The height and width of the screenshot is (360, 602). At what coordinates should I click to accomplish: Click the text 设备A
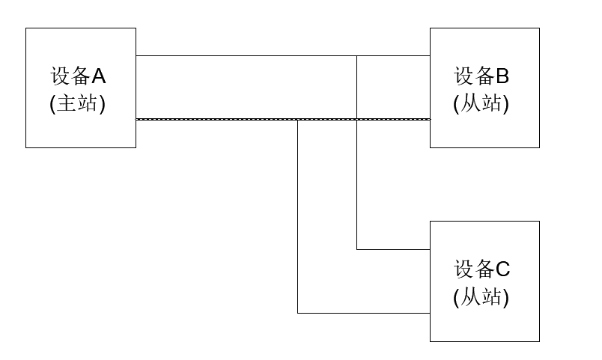(79, 76)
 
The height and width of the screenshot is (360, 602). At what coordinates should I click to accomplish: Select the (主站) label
(78, 104)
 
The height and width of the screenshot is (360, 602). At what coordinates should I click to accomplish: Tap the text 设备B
(481, 76)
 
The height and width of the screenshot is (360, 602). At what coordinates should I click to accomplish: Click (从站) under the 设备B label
(481, 104)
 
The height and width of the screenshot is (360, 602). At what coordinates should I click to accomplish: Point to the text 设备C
(481, 269)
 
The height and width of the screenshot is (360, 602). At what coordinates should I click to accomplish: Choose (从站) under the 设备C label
(481, 297)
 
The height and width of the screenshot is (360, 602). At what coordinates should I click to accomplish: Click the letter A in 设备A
(99, 76)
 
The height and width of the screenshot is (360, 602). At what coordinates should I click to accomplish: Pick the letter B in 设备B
(502, 76)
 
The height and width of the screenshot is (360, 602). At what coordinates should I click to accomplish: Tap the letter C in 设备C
(502, 269)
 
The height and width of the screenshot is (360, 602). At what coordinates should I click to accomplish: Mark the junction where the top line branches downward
(357, 55)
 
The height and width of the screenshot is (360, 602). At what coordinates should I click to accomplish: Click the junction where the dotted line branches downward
(298, 119)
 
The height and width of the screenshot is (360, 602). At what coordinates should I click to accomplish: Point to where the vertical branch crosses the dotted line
(357, 119)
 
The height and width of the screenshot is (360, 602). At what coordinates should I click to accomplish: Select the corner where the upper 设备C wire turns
(357, 249)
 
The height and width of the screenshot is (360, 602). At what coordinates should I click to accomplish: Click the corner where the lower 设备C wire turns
(298, 313)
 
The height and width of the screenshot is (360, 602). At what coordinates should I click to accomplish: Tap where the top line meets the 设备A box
(136, 55)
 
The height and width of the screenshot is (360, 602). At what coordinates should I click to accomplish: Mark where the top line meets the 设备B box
(430, 55)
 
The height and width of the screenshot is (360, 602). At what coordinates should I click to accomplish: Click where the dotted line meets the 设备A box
(136, 119)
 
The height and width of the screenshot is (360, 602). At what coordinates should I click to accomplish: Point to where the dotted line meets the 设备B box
(430, 119)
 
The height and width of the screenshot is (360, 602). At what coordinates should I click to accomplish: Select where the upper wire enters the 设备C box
(430, 249)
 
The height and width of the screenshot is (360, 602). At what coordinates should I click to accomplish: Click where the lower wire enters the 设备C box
(430, 313)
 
